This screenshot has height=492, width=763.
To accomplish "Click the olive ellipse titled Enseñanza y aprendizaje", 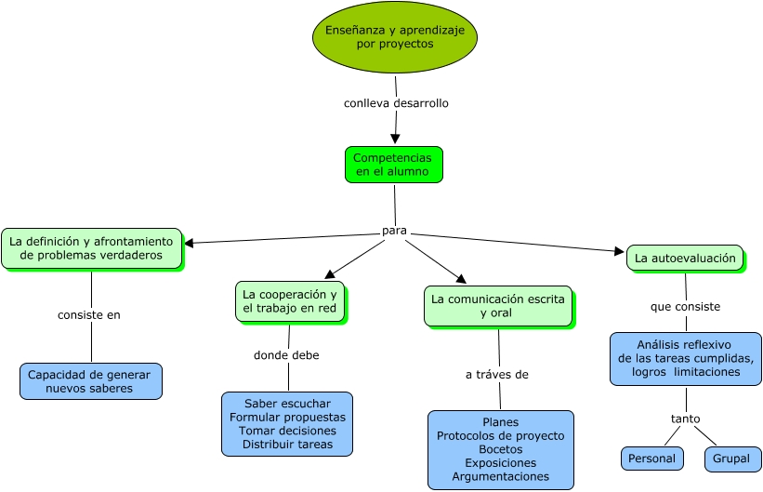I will [394, 37].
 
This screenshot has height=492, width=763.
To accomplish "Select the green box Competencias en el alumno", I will [393, 165].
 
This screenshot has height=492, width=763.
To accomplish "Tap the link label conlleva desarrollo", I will [396, 103].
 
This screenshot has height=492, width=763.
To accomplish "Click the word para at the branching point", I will [395, 231].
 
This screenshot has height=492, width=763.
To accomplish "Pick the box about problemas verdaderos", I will [92, 247].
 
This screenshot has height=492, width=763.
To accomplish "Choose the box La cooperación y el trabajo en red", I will [290, 301].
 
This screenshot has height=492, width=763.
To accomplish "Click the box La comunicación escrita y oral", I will [497, 306].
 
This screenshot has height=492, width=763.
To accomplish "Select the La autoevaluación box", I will [685, 258].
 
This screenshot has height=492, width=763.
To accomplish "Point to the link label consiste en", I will [89, 314].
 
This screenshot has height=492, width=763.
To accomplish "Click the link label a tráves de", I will [497, 375].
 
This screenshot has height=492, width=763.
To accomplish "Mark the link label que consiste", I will [686, 306].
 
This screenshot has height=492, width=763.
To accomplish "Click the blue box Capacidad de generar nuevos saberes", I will [89, 381].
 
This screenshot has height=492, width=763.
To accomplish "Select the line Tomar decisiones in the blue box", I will [287, 431].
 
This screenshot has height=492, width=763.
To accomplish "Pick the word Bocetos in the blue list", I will [500, 449].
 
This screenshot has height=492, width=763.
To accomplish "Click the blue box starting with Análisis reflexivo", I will [686, 358].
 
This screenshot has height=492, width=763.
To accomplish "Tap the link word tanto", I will [686, 419].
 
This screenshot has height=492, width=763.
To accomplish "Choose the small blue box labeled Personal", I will [651, 459].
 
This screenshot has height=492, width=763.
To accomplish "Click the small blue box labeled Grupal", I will [731, 459].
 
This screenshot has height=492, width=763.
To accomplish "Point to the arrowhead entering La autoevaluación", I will [620, 251].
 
